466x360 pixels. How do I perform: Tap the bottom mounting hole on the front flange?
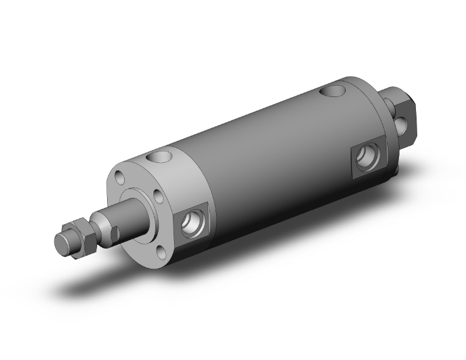pyautogui.click(x=160, y=252)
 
